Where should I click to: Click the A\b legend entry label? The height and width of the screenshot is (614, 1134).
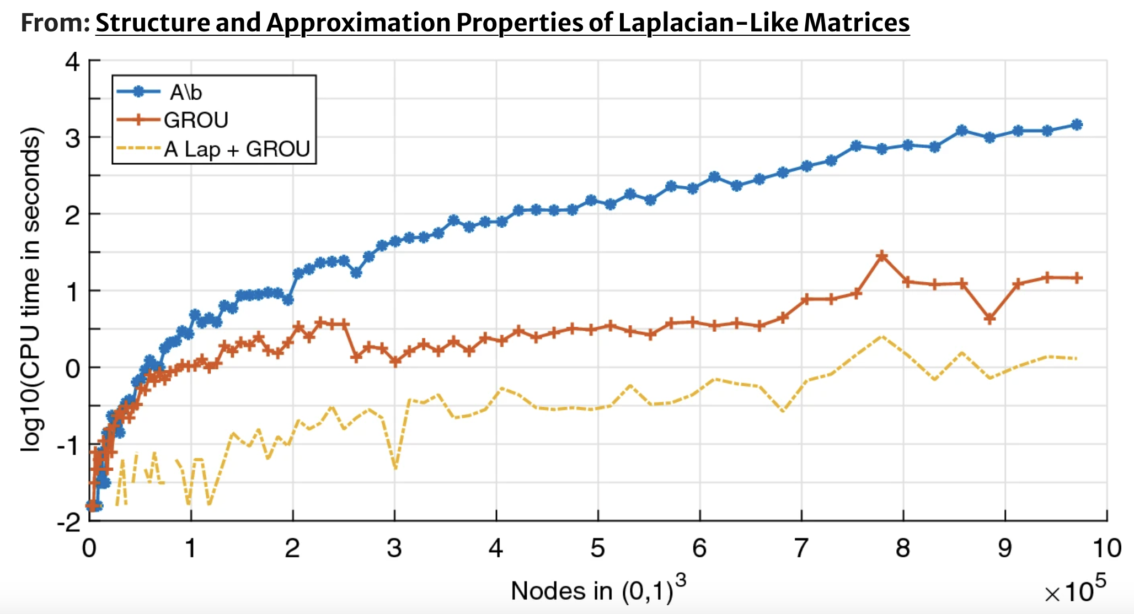(186, 92)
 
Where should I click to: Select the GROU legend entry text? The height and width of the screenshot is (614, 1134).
(196, 120)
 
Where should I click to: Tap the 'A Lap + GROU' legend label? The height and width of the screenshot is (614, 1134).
(237, 149)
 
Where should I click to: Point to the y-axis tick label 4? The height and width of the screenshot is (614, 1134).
(73, 61)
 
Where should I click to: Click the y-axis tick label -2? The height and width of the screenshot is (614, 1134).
(68, 522)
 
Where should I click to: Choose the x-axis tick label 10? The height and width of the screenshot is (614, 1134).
(1106, 548)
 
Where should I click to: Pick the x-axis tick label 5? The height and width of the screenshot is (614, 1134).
(598, 548)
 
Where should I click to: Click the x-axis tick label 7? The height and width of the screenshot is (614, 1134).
(801, 548)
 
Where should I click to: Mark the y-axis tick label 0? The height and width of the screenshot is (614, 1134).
(73, 368)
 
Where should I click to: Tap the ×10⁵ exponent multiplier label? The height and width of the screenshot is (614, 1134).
(1074, 591)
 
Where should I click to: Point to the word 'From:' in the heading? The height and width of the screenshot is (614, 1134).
(55, 23)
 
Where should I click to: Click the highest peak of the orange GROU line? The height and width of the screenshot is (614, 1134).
(882, 256)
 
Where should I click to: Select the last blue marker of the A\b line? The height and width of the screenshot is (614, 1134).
(1076, 125)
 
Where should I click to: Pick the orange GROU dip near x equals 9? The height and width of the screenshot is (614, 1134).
(989, 319)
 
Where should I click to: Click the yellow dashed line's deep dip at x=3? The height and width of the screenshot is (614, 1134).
(395, 468)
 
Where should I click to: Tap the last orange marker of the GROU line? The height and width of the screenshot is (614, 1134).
(1076, 278)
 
